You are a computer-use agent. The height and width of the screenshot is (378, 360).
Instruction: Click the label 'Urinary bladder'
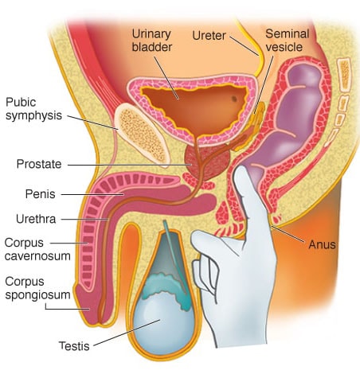[x=152, y=41]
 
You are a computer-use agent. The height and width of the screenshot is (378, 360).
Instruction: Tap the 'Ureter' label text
[x=209, y=36]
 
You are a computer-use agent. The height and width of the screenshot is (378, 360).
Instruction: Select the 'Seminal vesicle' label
[x=288, y=41]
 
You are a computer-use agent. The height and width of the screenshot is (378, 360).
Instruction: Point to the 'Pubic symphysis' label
[x=33, y=109]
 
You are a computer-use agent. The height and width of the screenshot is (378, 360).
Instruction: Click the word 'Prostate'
[x=39, y=164]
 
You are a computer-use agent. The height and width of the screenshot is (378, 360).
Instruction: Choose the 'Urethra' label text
[x=36, y=219]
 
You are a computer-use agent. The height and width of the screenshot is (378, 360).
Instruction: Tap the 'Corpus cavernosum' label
[x=37, y=249]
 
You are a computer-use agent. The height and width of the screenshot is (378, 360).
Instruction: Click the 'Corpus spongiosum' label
[x=37, y=288]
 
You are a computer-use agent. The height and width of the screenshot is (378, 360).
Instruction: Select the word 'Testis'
[x=74, y=346]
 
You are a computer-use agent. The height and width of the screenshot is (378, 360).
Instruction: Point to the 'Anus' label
[x=322, y=244]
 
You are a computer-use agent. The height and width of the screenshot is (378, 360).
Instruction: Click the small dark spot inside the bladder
[x=234, y=99]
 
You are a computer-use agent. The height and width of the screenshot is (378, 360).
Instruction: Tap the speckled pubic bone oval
[x=142, y=134]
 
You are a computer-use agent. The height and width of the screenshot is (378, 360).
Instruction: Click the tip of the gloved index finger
[x=240, y=169]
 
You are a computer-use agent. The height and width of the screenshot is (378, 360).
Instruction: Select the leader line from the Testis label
[x=127, y=333]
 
